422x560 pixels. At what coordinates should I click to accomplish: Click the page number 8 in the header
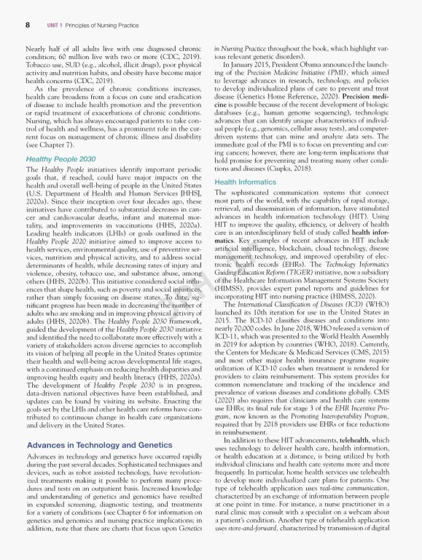[27, 25]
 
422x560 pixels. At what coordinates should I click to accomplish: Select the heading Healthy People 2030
[60, 158]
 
